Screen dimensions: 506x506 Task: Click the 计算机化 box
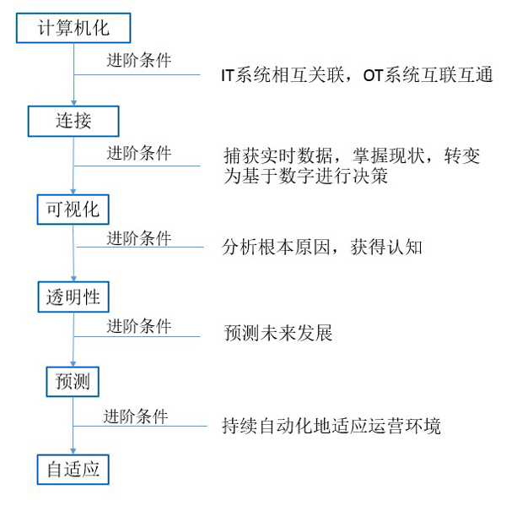[73, 28]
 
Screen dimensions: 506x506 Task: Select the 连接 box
[73, 121]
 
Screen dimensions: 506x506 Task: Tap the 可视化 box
[73, 209]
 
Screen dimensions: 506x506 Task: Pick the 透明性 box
[73, 297]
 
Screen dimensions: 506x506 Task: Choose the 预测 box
[73, 382]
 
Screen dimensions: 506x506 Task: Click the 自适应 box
[73, 470]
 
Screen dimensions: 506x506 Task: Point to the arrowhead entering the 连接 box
[74, 103]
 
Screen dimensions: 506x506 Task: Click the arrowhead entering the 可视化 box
[73, 192]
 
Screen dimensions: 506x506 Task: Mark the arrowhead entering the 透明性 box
[73, 279]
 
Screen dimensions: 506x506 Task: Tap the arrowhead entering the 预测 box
[73, 364]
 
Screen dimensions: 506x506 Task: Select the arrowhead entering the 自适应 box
[73, 452]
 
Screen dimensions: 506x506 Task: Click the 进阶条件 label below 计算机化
[139, 61]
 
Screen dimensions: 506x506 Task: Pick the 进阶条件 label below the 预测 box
[136, 416]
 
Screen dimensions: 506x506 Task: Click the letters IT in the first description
[228, 76]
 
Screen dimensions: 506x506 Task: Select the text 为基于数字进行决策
[305, 177]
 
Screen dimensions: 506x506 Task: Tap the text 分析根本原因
[276, 248]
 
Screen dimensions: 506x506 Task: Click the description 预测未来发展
[277, 333]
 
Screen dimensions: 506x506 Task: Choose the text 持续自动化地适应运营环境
[331, 426]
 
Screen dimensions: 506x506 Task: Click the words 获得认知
[386, 248]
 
